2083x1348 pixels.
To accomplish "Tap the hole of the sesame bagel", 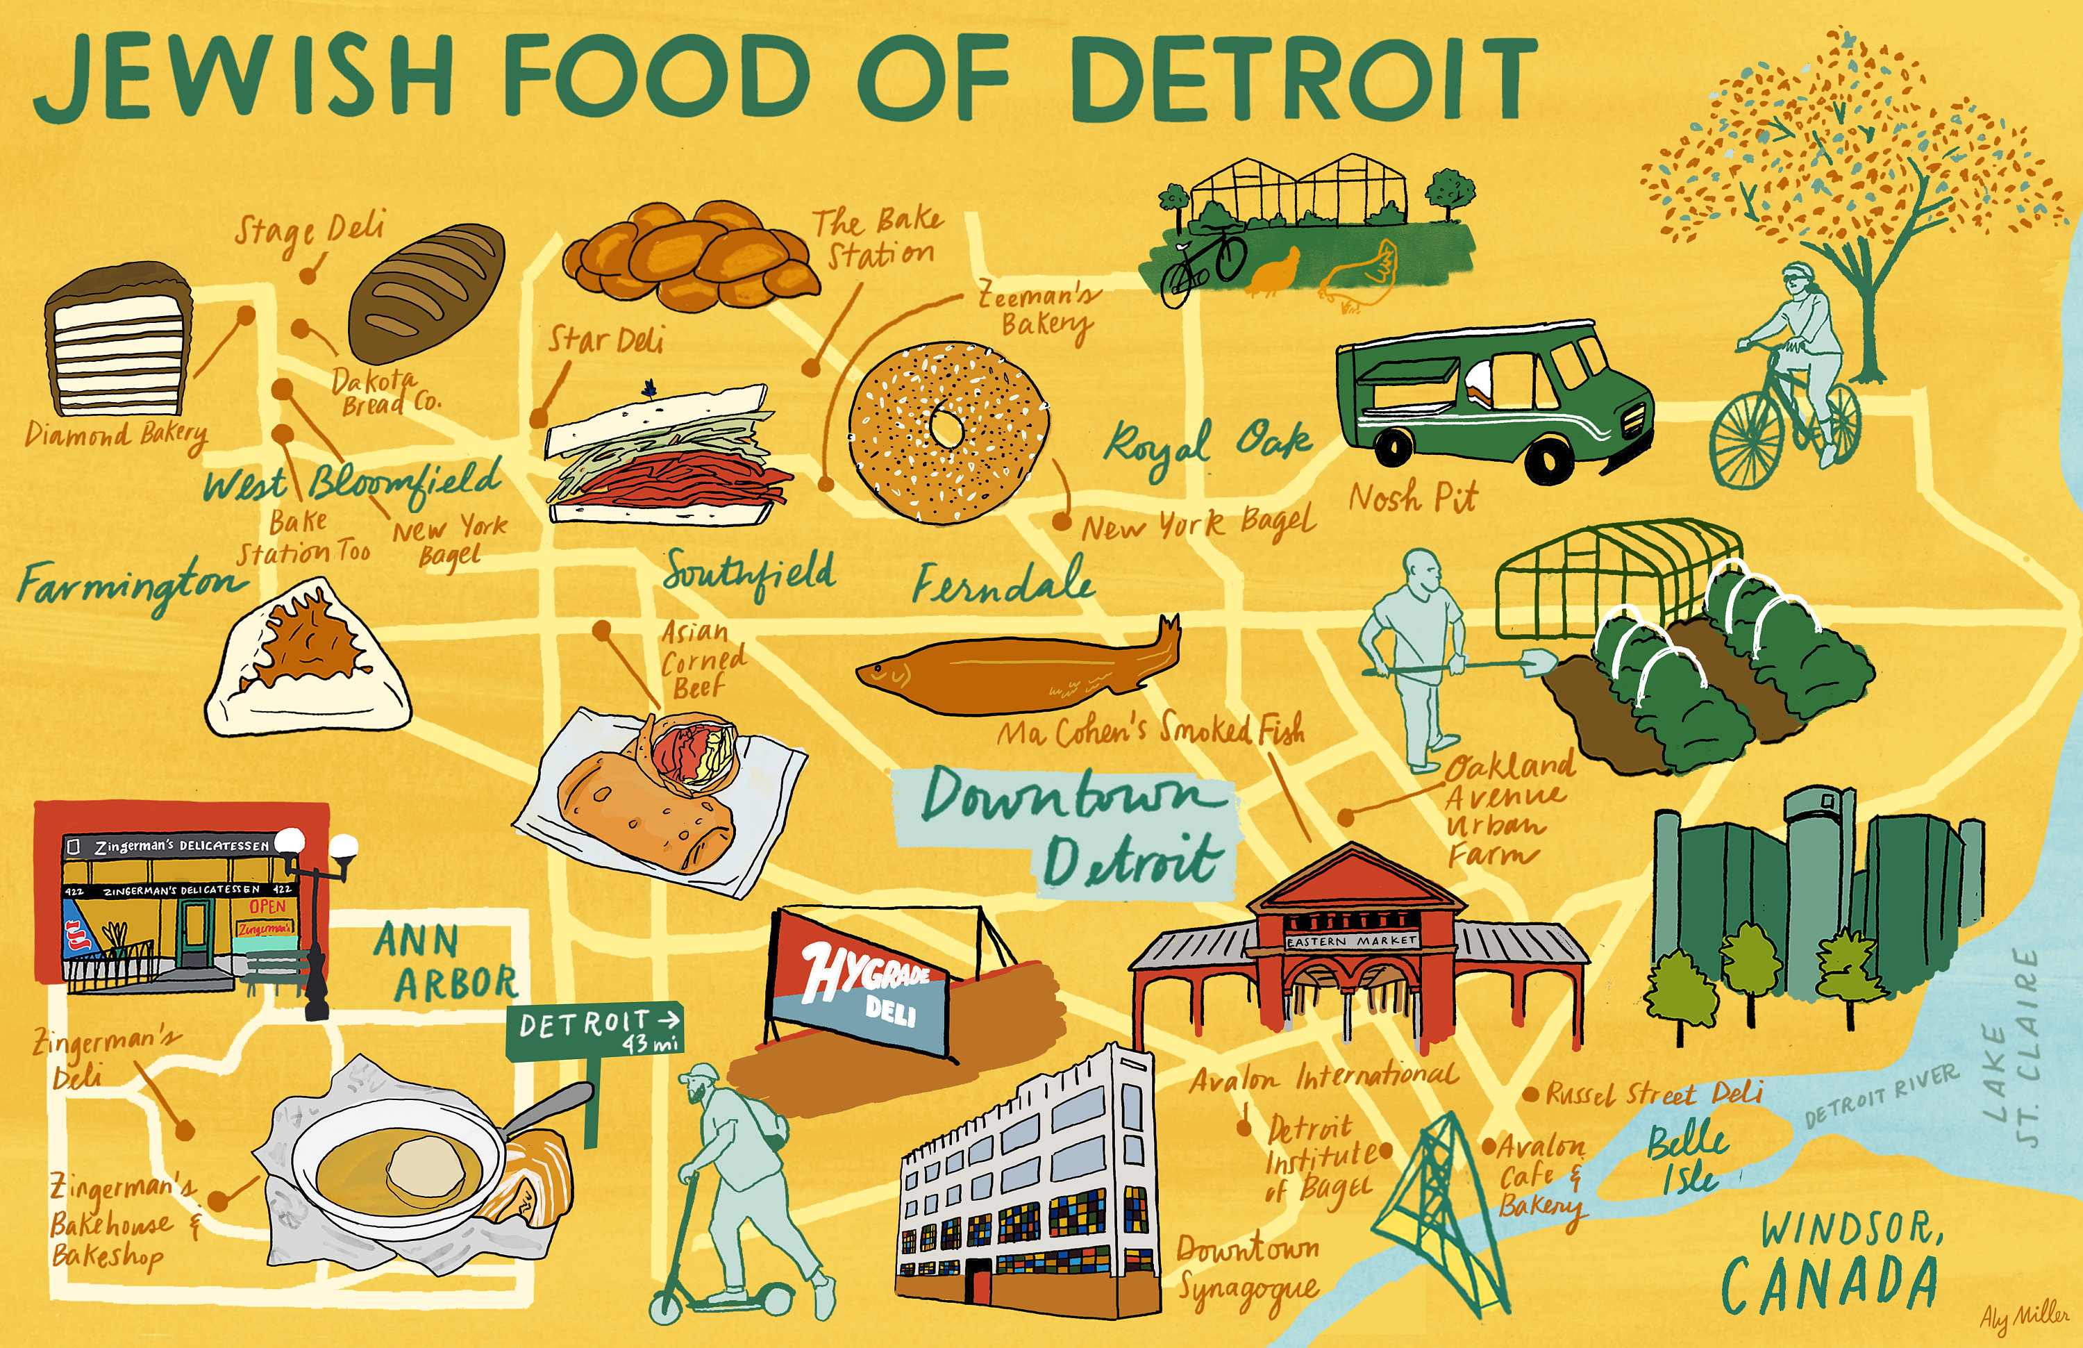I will pyautogui.click(x=945, y=426).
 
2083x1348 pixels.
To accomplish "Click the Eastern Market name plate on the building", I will pyautogui.click(x=1351, y=941).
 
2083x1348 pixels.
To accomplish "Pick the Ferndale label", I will pyautogui.click(x=1003, y=582).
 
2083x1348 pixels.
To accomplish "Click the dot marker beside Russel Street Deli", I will pyautogui.click(x=1531, y=1094).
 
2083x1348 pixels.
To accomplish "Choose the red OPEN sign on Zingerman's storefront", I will pyautogui.click(x=267, y=906).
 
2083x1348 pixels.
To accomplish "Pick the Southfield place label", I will pyautogui.click(x=749, y=574).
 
